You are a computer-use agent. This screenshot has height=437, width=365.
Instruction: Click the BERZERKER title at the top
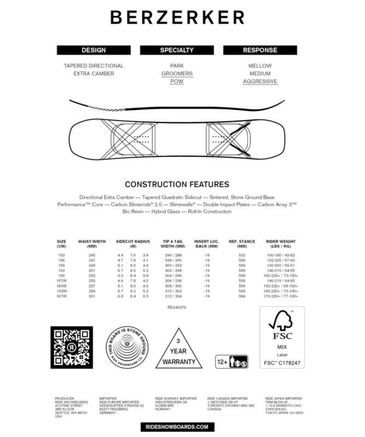click(x=177, y=17)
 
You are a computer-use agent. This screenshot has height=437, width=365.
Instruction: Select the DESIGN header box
click(x=94, y=50)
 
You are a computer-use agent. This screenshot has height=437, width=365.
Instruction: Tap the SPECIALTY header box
click(x=177, y=50)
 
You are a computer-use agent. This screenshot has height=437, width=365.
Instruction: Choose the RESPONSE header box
click(x=260, y=50)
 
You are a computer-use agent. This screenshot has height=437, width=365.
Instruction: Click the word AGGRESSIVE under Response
click(x=260, y=82)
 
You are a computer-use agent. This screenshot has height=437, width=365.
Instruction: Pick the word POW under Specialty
click(x=177, y=82)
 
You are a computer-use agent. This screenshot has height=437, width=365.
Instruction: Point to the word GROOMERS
click(x=177, y=74)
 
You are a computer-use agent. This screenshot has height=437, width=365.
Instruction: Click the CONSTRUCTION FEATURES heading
click(x=177, y=185)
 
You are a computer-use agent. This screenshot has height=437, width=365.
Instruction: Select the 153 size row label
click(x=61, y=256)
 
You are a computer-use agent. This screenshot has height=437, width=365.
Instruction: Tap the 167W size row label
click(x=62, y=296)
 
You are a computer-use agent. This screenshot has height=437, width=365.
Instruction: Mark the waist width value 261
click(x=91, y=296)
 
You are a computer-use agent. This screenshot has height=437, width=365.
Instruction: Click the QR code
click(x=71, y=347)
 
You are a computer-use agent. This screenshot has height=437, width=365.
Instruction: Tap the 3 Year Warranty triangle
click(x=176, y=350)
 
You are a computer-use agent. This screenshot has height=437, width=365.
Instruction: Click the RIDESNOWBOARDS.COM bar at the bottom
click(x=177, y=426)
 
